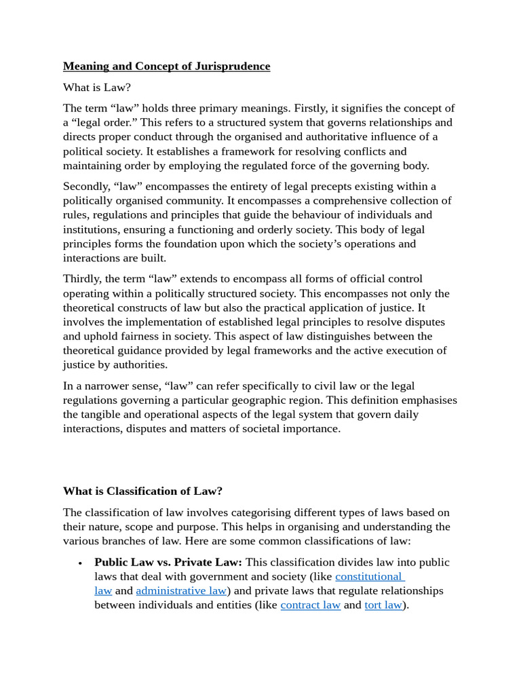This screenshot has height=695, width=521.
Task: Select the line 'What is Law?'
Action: pos(96,88)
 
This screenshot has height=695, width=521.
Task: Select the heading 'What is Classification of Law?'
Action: pos(142,491)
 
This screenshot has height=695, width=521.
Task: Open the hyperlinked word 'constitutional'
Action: pos(368,576)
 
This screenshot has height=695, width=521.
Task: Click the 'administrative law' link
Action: pos(181,590)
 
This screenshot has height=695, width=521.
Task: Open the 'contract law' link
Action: pos(310,605)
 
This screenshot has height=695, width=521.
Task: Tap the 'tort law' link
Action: pos(383,605)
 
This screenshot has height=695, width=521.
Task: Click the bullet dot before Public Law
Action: pos(80,563)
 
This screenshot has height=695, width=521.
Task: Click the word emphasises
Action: pos(425,400)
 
